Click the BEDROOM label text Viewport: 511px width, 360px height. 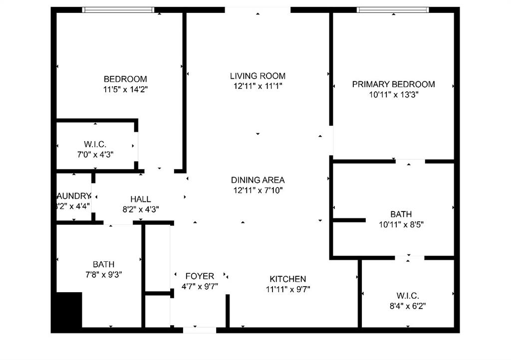pyautogui.click(x=125, y=79)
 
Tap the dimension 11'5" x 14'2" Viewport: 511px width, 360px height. pyautogui.click(x=125, y=89)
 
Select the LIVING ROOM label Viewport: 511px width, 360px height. pyautogui.click(x=257, y=76)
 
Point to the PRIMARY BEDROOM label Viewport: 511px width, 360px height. pyautogui.click(x=393, y=84)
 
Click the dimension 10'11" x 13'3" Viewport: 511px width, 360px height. pyautogui.click(x=393, y=94)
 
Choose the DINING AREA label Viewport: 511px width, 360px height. pyautogui.click(x=257, y=180)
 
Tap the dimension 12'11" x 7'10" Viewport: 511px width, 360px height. pyautogui.click(x=257, y=190)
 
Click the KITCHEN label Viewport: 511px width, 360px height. pyautogui.click(x=287, y=279)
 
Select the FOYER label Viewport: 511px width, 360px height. pyautogui.click(x=200, y=276)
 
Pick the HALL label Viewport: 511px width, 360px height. pyautogui.click(x=140, y=199)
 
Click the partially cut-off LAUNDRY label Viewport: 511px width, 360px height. pyautogui.click(x=74, y=196)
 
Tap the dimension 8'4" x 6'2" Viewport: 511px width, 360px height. pyautogui.click(x=408, y=306)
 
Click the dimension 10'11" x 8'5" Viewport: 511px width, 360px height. pyautogui.click(x=401, y=224)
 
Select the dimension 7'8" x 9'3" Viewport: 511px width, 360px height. pyautogui.click(x=103, y=274)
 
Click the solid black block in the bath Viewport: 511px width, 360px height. pyautogui.click(x=69, y=310)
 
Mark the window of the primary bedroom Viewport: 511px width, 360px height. pyautogui.click(x=393, y=9)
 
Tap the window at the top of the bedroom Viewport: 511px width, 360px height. pyautogui.click(x=118, y=9)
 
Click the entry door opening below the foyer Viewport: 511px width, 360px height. pyautogui.click(x=199, y=330)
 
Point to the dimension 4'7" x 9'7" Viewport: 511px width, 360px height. pyautogui.click(x=200, y=286)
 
